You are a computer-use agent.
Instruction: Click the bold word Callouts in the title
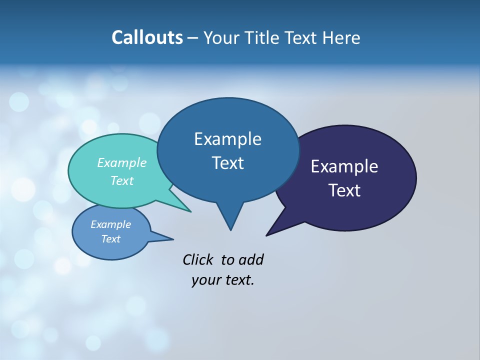[x=147, y=37]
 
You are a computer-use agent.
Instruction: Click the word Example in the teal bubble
[x=122, y=162]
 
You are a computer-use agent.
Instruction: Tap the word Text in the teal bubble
[x=122, y=180]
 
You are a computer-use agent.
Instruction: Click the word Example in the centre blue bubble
[x=227, y=139]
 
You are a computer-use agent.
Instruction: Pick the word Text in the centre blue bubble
[x=227, y=163]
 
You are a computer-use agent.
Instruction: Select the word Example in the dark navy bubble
[x=344, y=166]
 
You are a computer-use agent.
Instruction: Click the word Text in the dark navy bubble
[x=344, y=190]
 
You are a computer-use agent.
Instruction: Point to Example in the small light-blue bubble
[x=111, y=224]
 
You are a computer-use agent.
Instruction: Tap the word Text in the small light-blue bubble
[x=111, y=239]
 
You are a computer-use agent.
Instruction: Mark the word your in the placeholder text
[x=205, y=280]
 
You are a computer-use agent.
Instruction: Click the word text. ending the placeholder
[x=238, y=280]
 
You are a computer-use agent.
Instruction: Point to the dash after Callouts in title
[x=193, y=38]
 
